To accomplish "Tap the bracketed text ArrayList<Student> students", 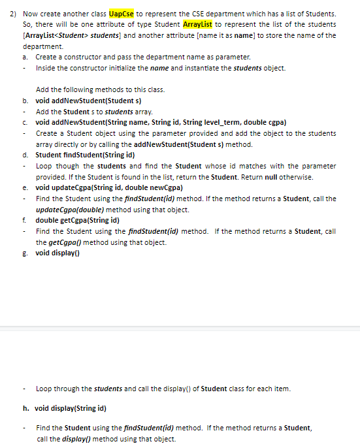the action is [67, 36].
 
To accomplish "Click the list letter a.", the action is [25, 58].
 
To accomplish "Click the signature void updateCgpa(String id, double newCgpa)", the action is [108, 187].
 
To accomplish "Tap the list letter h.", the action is [25, 409].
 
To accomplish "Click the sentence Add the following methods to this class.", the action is [91, 89].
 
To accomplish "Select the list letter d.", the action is [25, 155].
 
